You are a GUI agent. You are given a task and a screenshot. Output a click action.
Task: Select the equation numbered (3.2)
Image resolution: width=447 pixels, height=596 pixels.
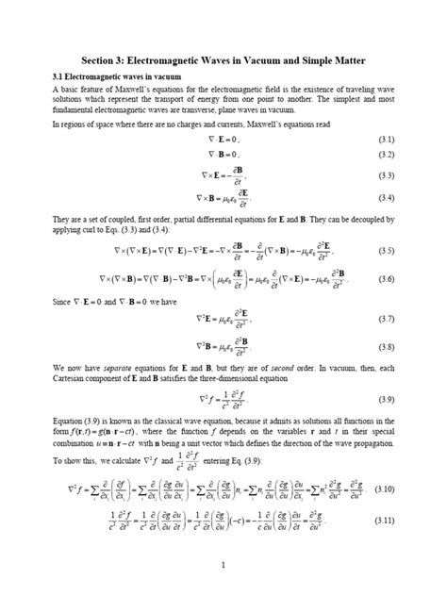click(223, 154)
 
